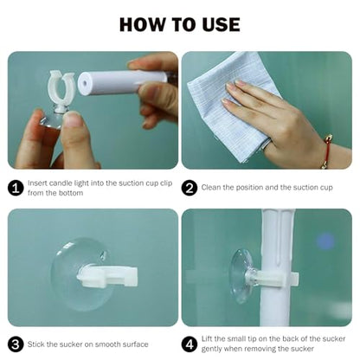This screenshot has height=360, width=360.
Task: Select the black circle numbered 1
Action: pos(16,188)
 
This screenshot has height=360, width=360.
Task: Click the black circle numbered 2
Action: pos(190,188)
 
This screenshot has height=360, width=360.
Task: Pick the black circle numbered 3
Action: pos(16,344)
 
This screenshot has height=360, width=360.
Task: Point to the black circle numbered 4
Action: pos(190,344)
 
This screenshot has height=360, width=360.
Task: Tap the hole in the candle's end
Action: pos(85,83)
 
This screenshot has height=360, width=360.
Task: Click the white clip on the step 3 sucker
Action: pos(107,277)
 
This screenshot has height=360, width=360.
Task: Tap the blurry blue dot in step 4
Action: pos(326,241)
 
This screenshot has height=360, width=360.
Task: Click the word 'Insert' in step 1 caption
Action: pos(37,183)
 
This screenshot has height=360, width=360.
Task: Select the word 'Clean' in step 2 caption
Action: pos(211,188)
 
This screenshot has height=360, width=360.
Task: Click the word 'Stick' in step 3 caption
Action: pos(36,344)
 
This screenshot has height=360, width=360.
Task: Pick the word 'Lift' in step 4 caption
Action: pos(207,338)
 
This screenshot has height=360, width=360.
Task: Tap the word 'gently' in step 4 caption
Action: pos(211,350)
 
